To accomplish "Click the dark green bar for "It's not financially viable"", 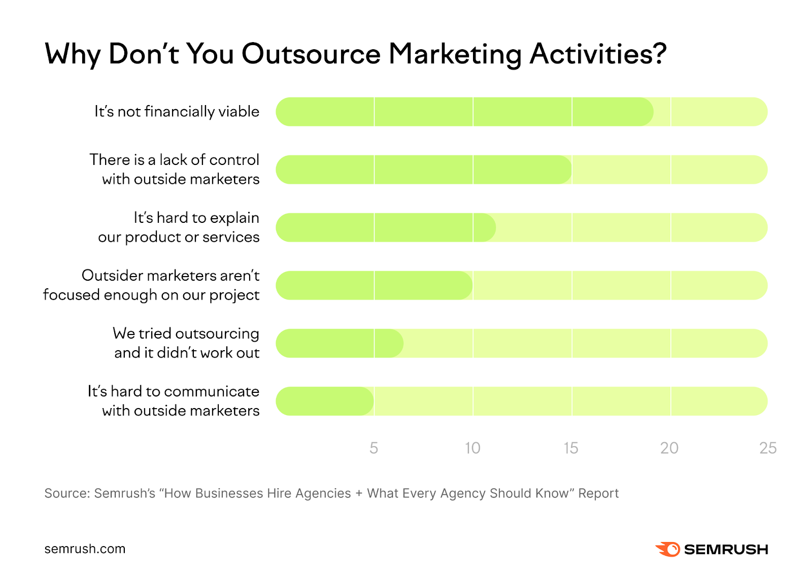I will coord(464,112).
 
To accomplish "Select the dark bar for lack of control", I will coord(424,170).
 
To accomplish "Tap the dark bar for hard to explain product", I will coord(386,227).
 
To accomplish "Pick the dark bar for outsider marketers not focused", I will coord(374,285).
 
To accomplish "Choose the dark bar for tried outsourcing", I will coord(340,343).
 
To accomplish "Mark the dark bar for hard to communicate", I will coord(325,401).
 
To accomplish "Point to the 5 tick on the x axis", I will coord(374,448).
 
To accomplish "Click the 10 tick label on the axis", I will coord(472,448).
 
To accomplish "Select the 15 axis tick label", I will coord(570,448).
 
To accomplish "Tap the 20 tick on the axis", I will coord(669,448).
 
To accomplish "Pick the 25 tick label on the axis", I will coord(767,448).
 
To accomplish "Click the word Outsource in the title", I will coord(311,54).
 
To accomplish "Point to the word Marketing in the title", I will coord(455,55).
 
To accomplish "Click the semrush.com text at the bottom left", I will coord(85,549).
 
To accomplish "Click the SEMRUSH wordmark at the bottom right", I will coord(726,549).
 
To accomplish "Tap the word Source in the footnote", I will coord(65,493).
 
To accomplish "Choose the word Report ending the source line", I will coord(598,493).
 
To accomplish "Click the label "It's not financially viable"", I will coord(177,112).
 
